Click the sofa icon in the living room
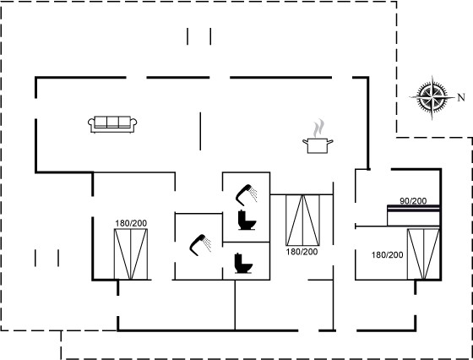coord(112,124)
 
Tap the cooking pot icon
coord(318,145)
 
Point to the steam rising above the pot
coord(318,128)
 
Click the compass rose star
coord(432,97)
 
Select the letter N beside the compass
coord(461,97)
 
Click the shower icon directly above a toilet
coord(246,194)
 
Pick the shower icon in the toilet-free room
coord(200,245)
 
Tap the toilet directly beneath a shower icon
coord(247,220)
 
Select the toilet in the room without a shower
coord(243,263)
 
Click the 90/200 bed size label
coord(413,200)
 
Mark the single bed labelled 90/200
coord(413,215)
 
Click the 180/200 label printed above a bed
coord(131,223)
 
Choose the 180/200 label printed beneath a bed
coord(302,252)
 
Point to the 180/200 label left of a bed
coord(388,255)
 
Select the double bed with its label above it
coord(131,254)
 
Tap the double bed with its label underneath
coord(302,220)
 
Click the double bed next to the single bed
coord(423,254)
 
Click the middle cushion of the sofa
coord(112,122)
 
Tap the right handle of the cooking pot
coord(330,141)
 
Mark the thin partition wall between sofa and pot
coord(200,131)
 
